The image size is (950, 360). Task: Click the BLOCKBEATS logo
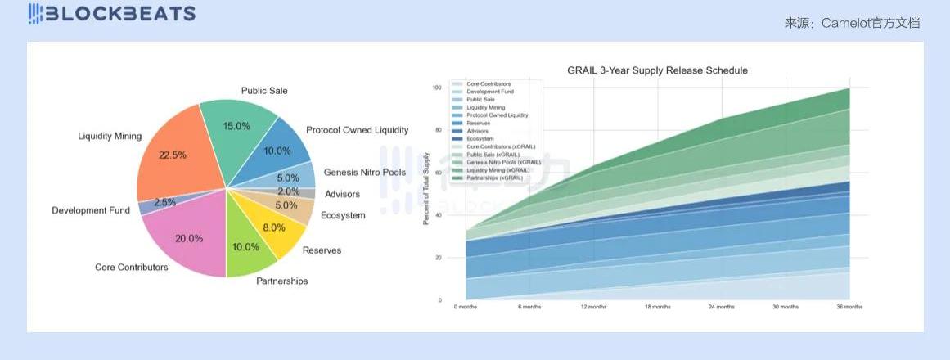112,13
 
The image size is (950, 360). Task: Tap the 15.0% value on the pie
236,126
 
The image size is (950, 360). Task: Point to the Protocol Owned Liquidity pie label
357,130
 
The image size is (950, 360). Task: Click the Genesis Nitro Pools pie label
364,173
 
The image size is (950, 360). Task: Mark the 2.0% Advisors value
288,191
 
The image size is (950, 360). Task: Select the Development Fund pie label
91,210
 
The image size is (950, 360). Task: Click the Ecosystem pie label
343,215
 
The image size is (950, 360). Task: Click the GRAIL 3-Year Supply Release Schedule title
657,70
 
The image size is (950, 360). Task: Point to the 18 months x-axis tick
658,307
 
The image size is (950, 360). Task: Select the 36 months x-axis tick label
849,307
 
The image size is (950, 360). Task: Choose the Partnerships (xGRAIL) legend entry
494,178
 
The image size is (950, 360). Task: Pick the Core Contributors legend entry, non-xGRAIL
489,84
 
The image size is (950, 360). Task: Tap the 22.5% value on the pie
173,155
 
